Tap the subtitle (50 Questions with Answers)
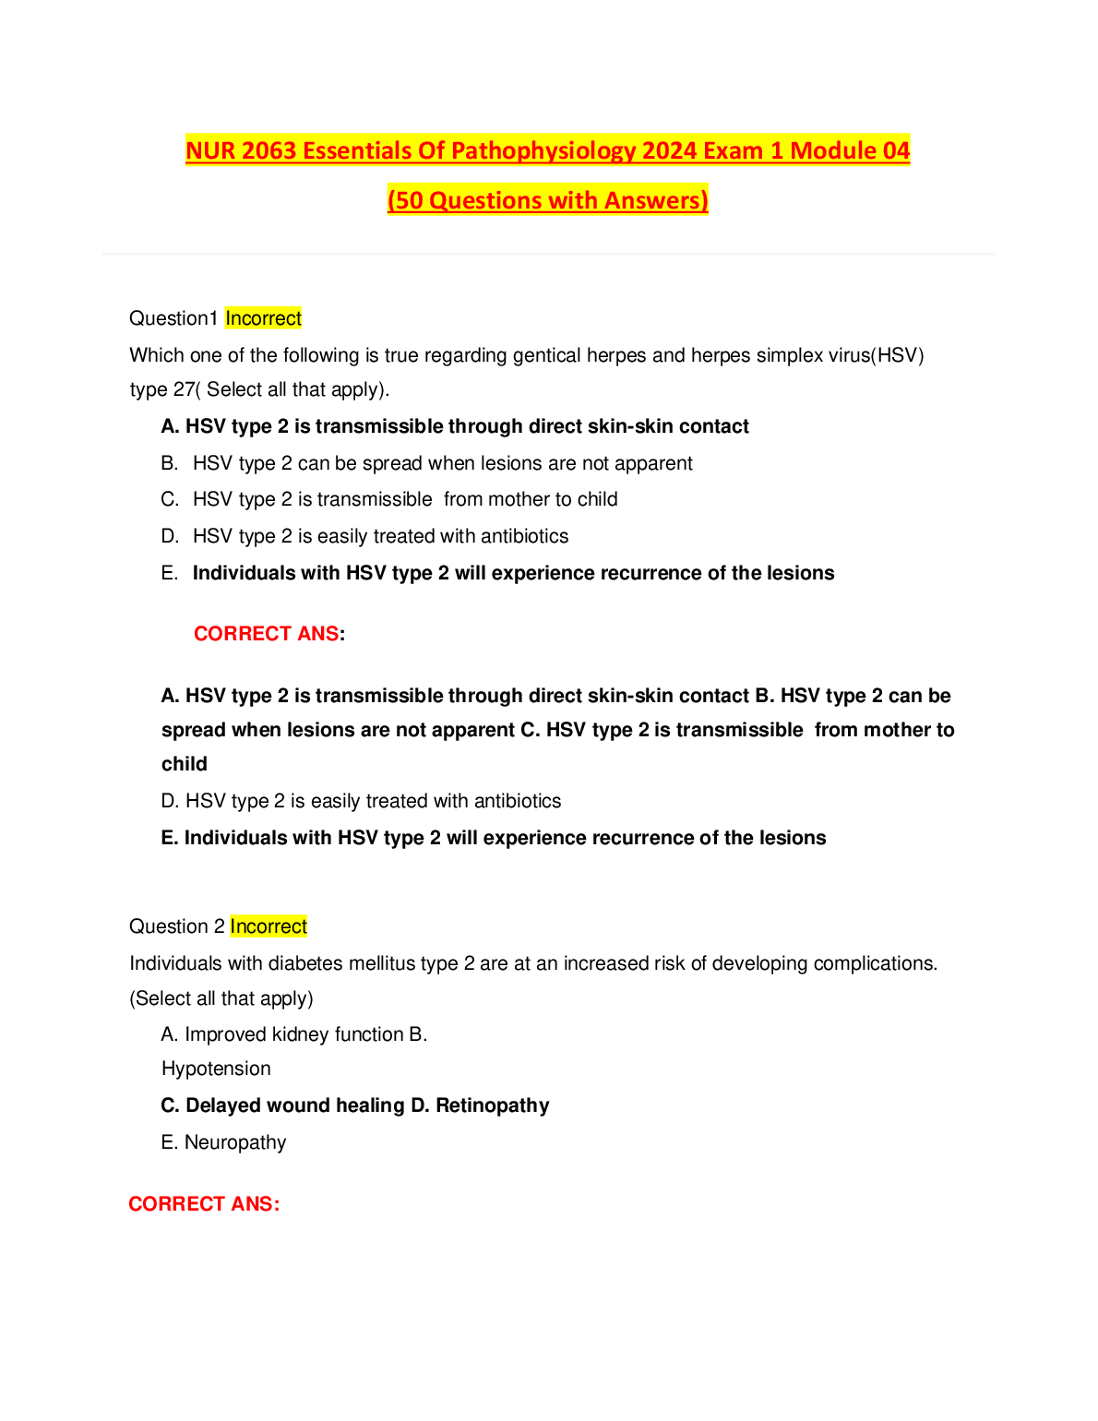tap(547, 200)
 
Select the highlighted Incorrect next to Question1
tap(263, 318)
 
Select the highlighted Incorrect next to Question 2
tap(269, 926)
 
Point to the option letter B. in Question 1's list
tap(169, 463)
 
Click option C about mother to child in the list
tap(404, 499)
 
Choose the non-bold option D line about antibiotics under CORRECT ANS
tap(361, 801)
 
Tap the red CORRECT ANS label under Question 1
tap(267, 634)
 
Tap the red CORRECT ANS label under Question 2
tap(204, 1204)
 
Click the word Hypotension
tap(216, 1069)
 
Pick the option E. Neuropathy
tap(223, 1142)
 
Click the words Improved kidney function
tap(293, 1034)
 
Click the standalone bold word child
tap(185, 764)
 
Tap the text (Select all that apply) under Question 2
tap(221, 998)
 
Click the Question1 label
tap(173, 318)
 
